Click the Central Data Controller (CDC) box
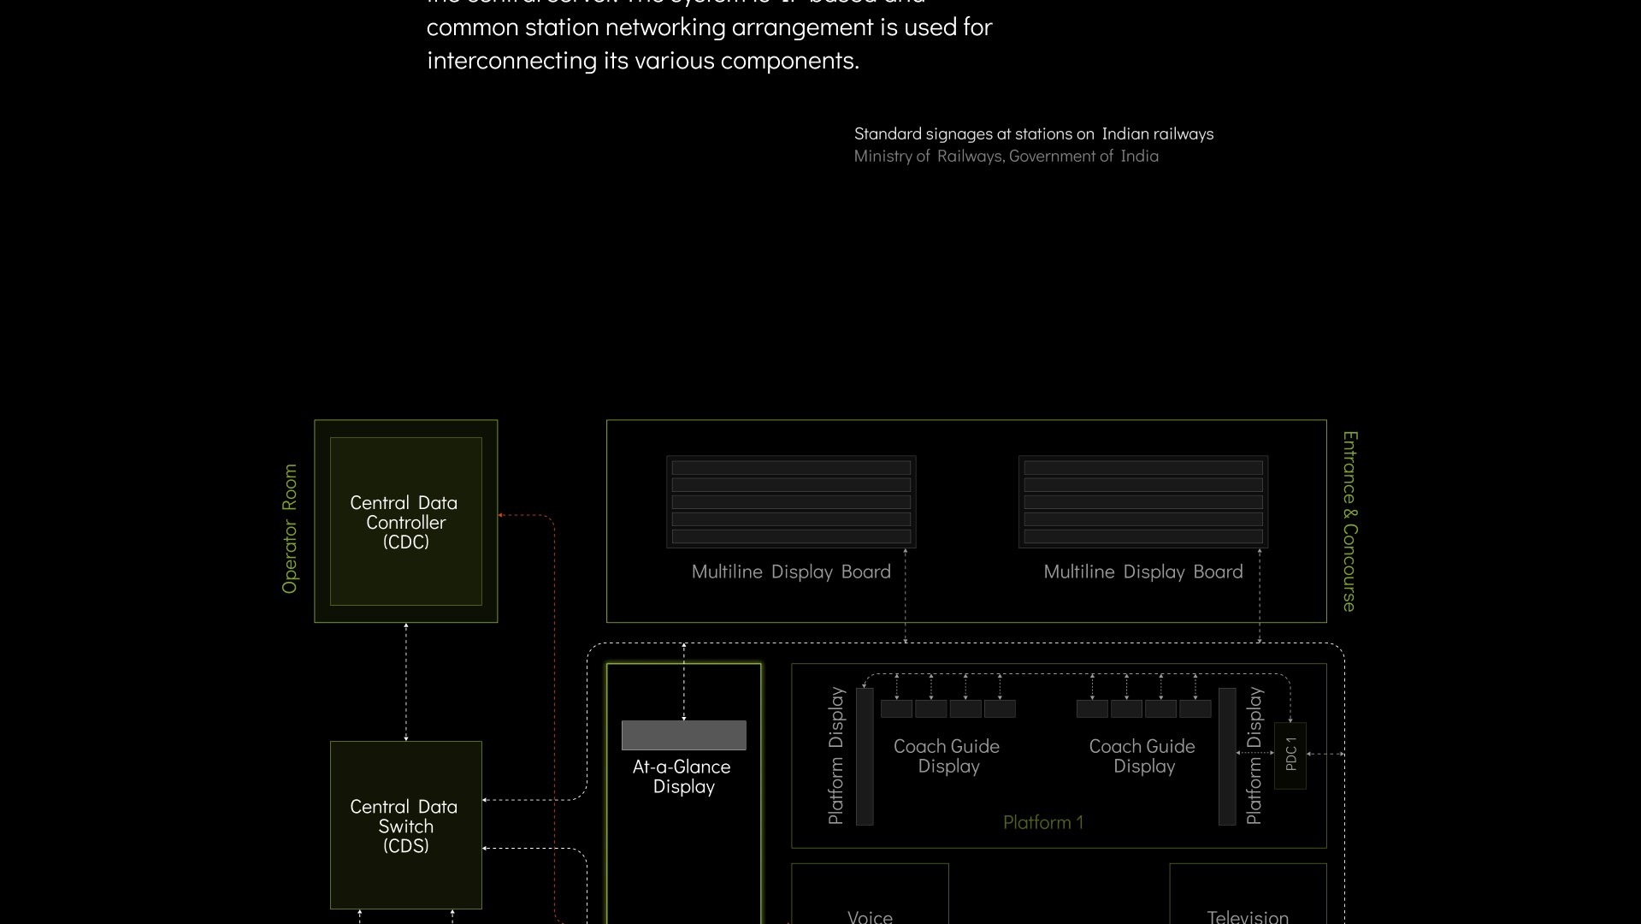pyautogui.click(x=405, y=521)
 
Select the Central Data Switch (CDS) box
pyautogui.click(x=405, y=825)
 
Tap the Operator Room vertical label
pyautogui.click(x=290, y=529)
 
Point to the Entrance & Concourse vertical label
pyautogui.click(x=1349, y=521)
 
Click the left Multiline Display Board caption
pyautogui.click(x=791, y=572)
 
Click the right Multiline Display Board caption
pyautogui.click(x=1142, y=572)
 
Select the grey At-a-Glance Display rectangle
pyautogui.click(x=683, y=735)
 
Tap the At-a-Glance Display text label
pyautogui.click(x=682, y=777)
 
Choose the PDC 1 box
pyautogui.click(x=1290, y=755)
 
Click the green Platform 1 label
pyautogui.click(x=1042, y=822)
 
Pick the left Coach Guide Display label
pyautogui.click(x=947, y=756)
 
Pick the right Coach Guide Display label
pyautogui.click(x=1142, y=756)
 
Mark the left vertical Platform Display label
pyautogui.click(x=836, y=755)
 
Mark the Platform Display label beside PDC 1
pyautogui.click(x=1254, y=755)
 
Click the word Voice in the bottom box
pyautogui.click(x=870, y=916)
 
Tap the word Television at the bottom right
pyautogui.click(x=1248, y=916)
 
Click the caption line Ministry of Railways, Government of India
pyautogui.click(x=1006, y=157)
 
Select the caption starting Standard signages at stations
pyautogui.click(x=1033, y=133)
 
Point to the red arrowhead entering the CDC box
pyautogui.click(x=501, y=515)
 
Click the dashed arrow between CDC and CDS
pyautogui.click(x=406, y=682)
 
